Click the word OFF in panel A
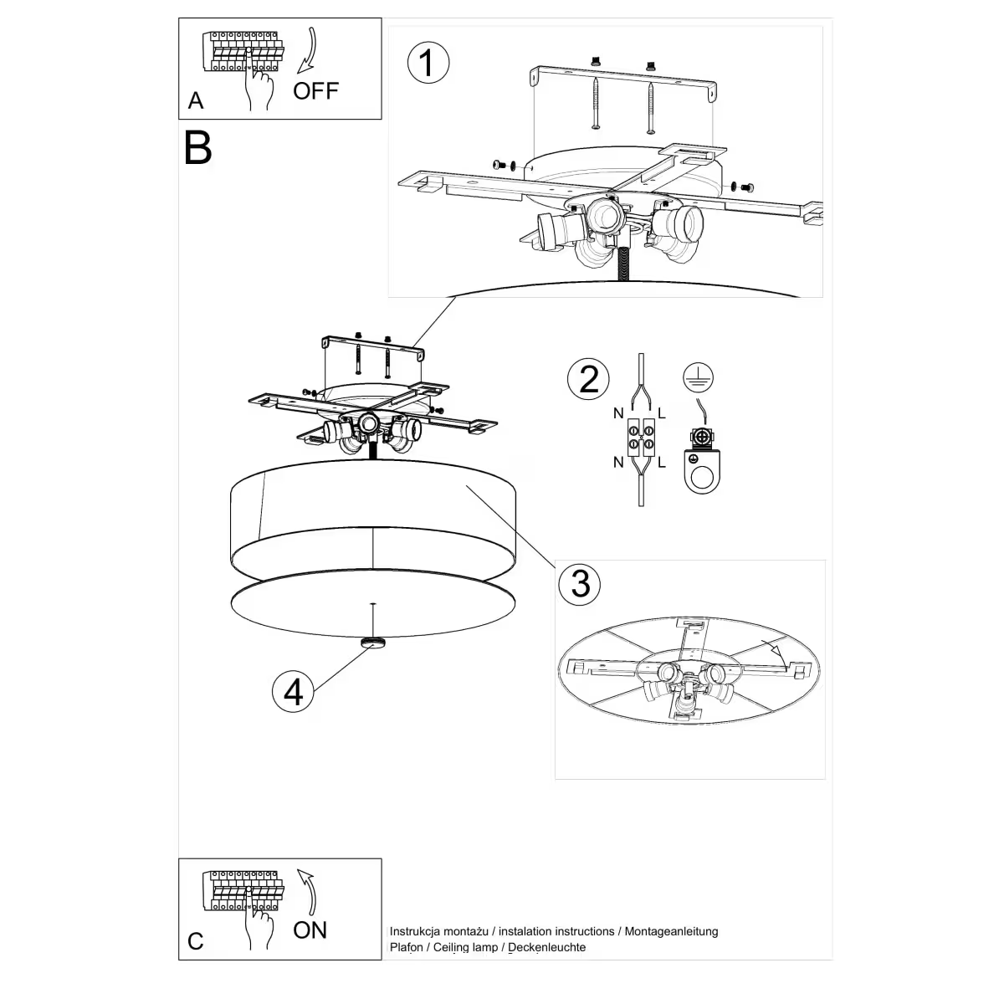click(315, 90)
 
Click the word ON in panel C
click(310, 930)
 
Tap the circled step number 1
click(428, 64)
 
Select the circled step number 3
click(580, 582)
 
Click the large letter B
click(198, 147)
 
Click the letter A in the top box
click(196, 101)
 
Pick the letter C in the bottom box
click(196, 941)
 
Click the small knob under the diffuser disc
click(372, 643)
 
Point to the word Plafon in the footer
click(407, 947)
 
